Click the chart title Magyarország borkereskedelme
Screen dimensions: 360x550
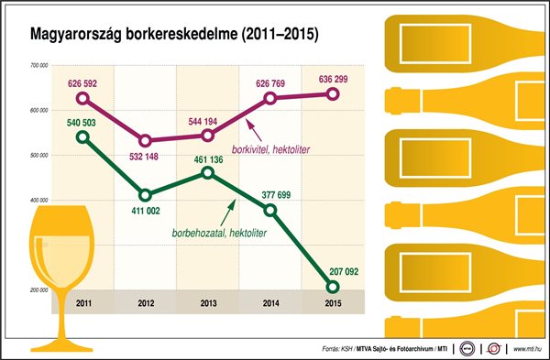point(174,38)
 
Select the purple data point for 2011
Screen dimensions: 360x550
point(83,98)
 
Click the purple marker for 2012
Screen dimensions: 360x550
point(146,141)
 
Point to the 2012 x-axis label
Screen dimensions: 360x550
point(146,303)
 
